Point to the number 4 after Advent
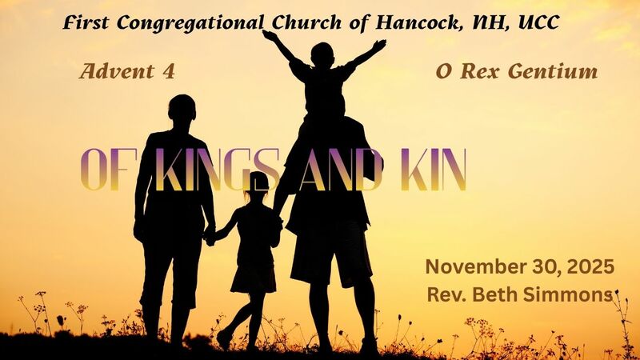[x=168, y=72]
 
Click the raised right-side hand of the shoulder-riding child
[x=378, y=46]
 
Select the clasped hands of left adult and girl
[x=210, y=235]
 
